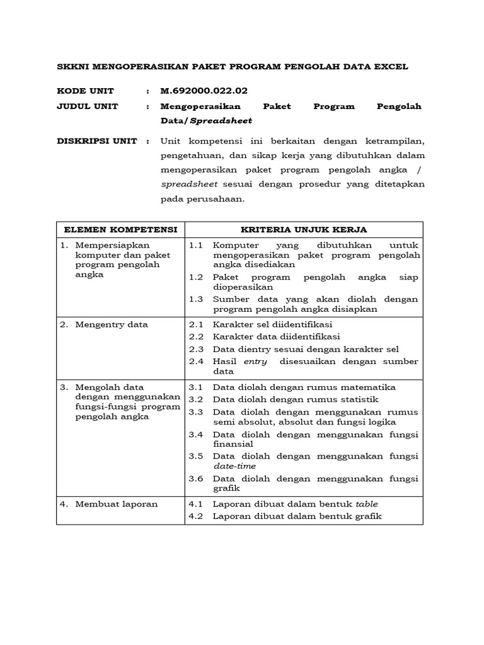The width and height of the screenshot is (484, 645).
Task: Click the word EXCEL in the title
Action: click(391, 66)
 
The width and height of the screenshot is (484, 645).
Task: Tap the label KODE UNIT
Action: click(86, 91)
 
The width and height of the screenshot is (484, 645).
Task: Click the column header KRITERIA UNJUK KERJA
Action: click(304, 229)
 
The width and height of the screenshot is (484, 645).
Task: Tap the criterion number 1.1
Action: click(196, 245)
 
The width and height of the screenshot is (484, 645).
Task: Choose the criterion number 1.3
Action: click(196, 299)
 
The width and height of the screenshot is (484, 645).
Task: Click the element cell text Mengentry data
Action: click(112, 325)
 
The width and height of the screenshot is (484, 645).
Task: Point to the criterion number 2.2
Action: click(196, 337)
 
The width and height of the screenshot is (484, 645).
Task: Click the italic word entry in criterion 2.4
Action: click(255, 362)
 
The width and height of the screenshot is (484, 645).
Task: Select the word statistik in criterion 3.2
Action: click(358, 399)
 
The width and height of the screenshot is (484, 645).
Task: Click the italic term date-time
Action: click(234, 466)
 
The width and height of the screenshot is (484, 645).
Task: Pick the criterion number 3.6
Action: click(196, 479)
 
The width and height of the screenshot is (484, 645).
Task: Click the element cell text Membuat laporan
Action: click(117, 504)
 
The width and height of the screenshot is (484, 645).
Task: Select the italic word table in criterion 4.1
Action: click(367, 504)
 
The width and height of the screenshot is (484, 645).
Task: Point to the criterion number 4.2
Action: click(196, 517)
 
